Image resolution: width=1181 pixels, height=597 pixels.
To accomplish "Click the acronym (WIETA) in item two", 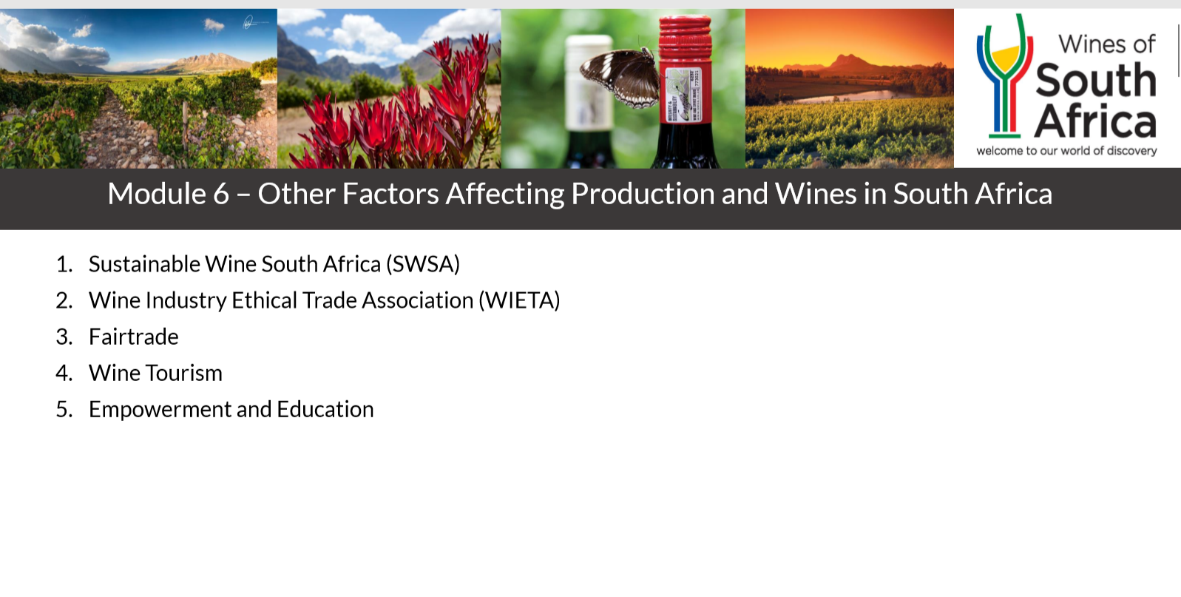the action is pos(519,300).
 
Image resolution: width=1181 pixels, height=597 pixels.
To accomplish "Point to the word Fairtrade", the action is pos(133,337).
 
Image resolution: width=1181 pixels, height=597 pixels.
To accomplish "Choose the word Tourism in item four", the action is pos(184,373).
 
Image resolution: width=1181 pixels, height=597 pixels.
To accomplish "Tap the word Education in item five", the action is pos(325,409).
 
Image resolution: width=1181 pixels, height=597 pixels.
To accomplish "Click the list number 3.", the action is pos(64,337).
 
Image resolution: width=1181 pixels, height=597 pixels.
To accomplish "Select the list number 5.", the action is pos(64,410).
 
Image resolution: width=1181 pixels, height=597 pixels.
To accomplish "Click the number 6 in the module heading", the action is pos(221,194).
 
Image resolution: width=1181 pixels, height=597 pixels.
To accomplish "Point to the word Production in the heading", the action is pos(643,194).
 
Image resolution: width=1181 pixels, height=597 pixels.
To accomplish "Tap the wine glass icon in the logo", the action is pos(1005,75).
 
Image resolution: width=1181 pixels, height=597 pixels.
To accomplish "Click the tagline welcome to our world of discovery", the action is pos(1066,151).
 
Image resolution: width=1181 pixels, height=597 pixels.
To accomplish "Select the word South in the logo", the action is pos(1096,80).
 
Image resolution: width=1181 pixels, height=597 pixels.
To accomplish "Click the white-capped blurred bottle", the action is pos(589,100).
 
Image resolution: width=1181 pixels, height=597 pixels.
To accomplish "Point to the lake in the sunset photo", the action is pos(844,96).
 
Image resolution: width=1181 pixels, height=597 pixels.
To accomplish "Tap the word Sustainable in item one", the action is pos(144,264).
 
